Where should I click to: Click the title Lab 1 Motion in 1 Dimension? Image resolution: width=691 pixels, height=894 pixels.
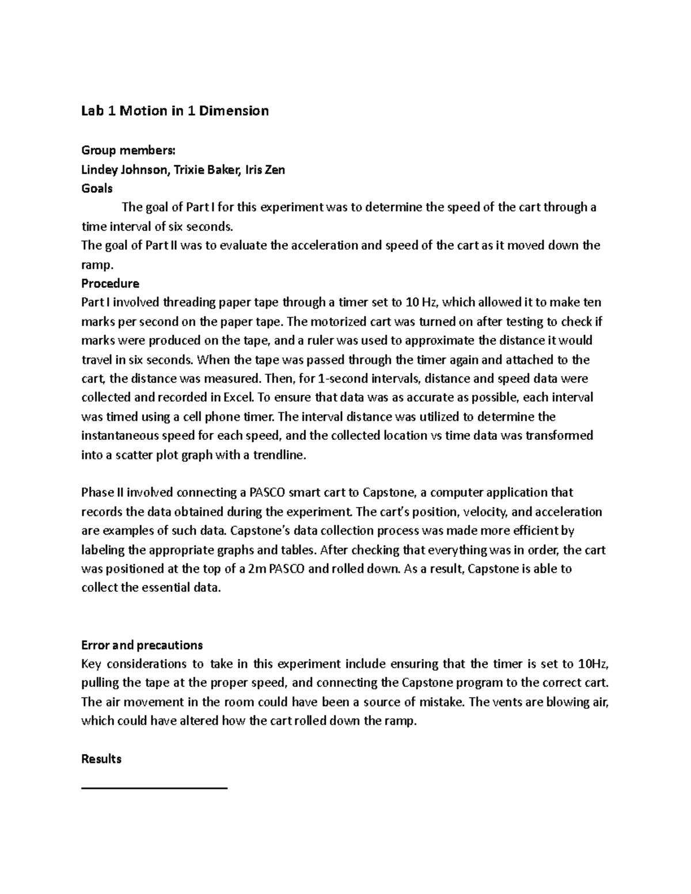pos(175,111)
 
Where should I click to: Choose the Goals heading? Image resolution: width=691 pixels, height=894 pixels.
pos(97,189)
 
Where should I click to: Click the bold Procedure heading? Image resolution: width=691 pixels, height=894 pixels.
pos(110,284)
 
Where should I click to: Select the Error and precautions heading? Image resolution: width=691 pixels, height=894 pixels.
pos(142,645)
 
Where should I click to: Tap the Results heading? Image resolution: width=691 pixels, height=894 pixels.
pos(101,759)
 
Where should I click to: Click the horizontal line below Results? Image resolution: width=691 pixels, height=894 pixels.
pos(154,787)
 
